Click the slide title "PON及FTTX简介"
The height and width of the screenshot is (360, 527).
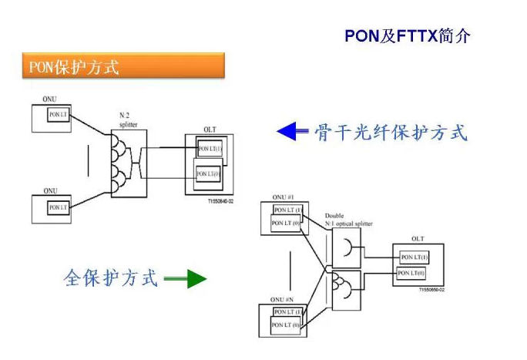(x=407, y=36)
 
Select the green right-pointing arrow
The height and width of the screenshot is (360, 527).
(x=186, y=278)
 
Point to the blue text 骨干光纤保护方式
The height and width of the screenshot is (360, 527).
(x=391, y=133)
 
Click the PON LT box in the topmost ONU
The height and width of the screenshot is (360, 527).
(x=59, y=114)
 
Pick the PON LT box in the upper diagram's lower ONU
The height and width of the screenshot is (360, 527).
(x=59, y=207)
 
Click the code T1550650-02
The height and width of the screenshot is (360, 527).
(x=432, y=290)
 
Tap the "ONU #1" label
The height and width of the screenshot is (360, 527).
(x=284, y=198)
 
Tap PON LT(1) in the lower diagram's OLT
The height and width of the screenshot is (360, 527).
(x=415, y=257)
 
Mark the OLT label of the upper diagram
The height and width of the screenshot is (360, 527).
(x=210, y=130)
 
